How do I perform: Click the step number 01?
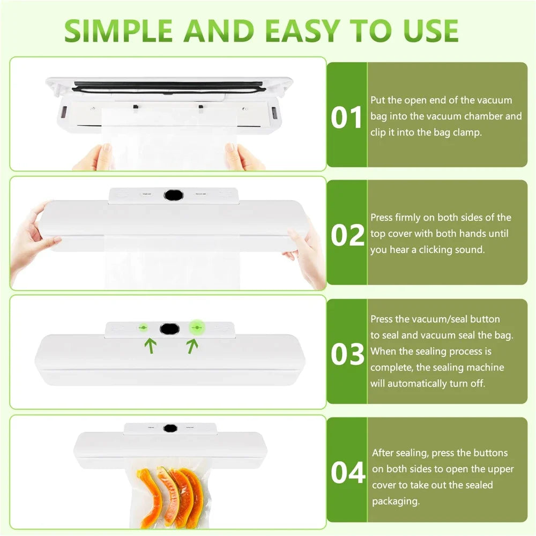click(347, 118)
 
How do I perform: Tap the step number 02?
click(347, 235)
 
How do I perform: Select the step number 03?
click(347, 354)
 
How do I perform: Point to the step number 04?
click(347, 472)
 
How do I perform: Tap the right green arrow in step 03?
click(192, 346)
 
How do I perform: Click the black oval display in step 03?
click(169, 328)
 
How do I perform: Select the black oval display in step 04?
click(170, 428)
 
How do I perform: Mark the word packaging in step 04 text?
click(396, 502)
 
